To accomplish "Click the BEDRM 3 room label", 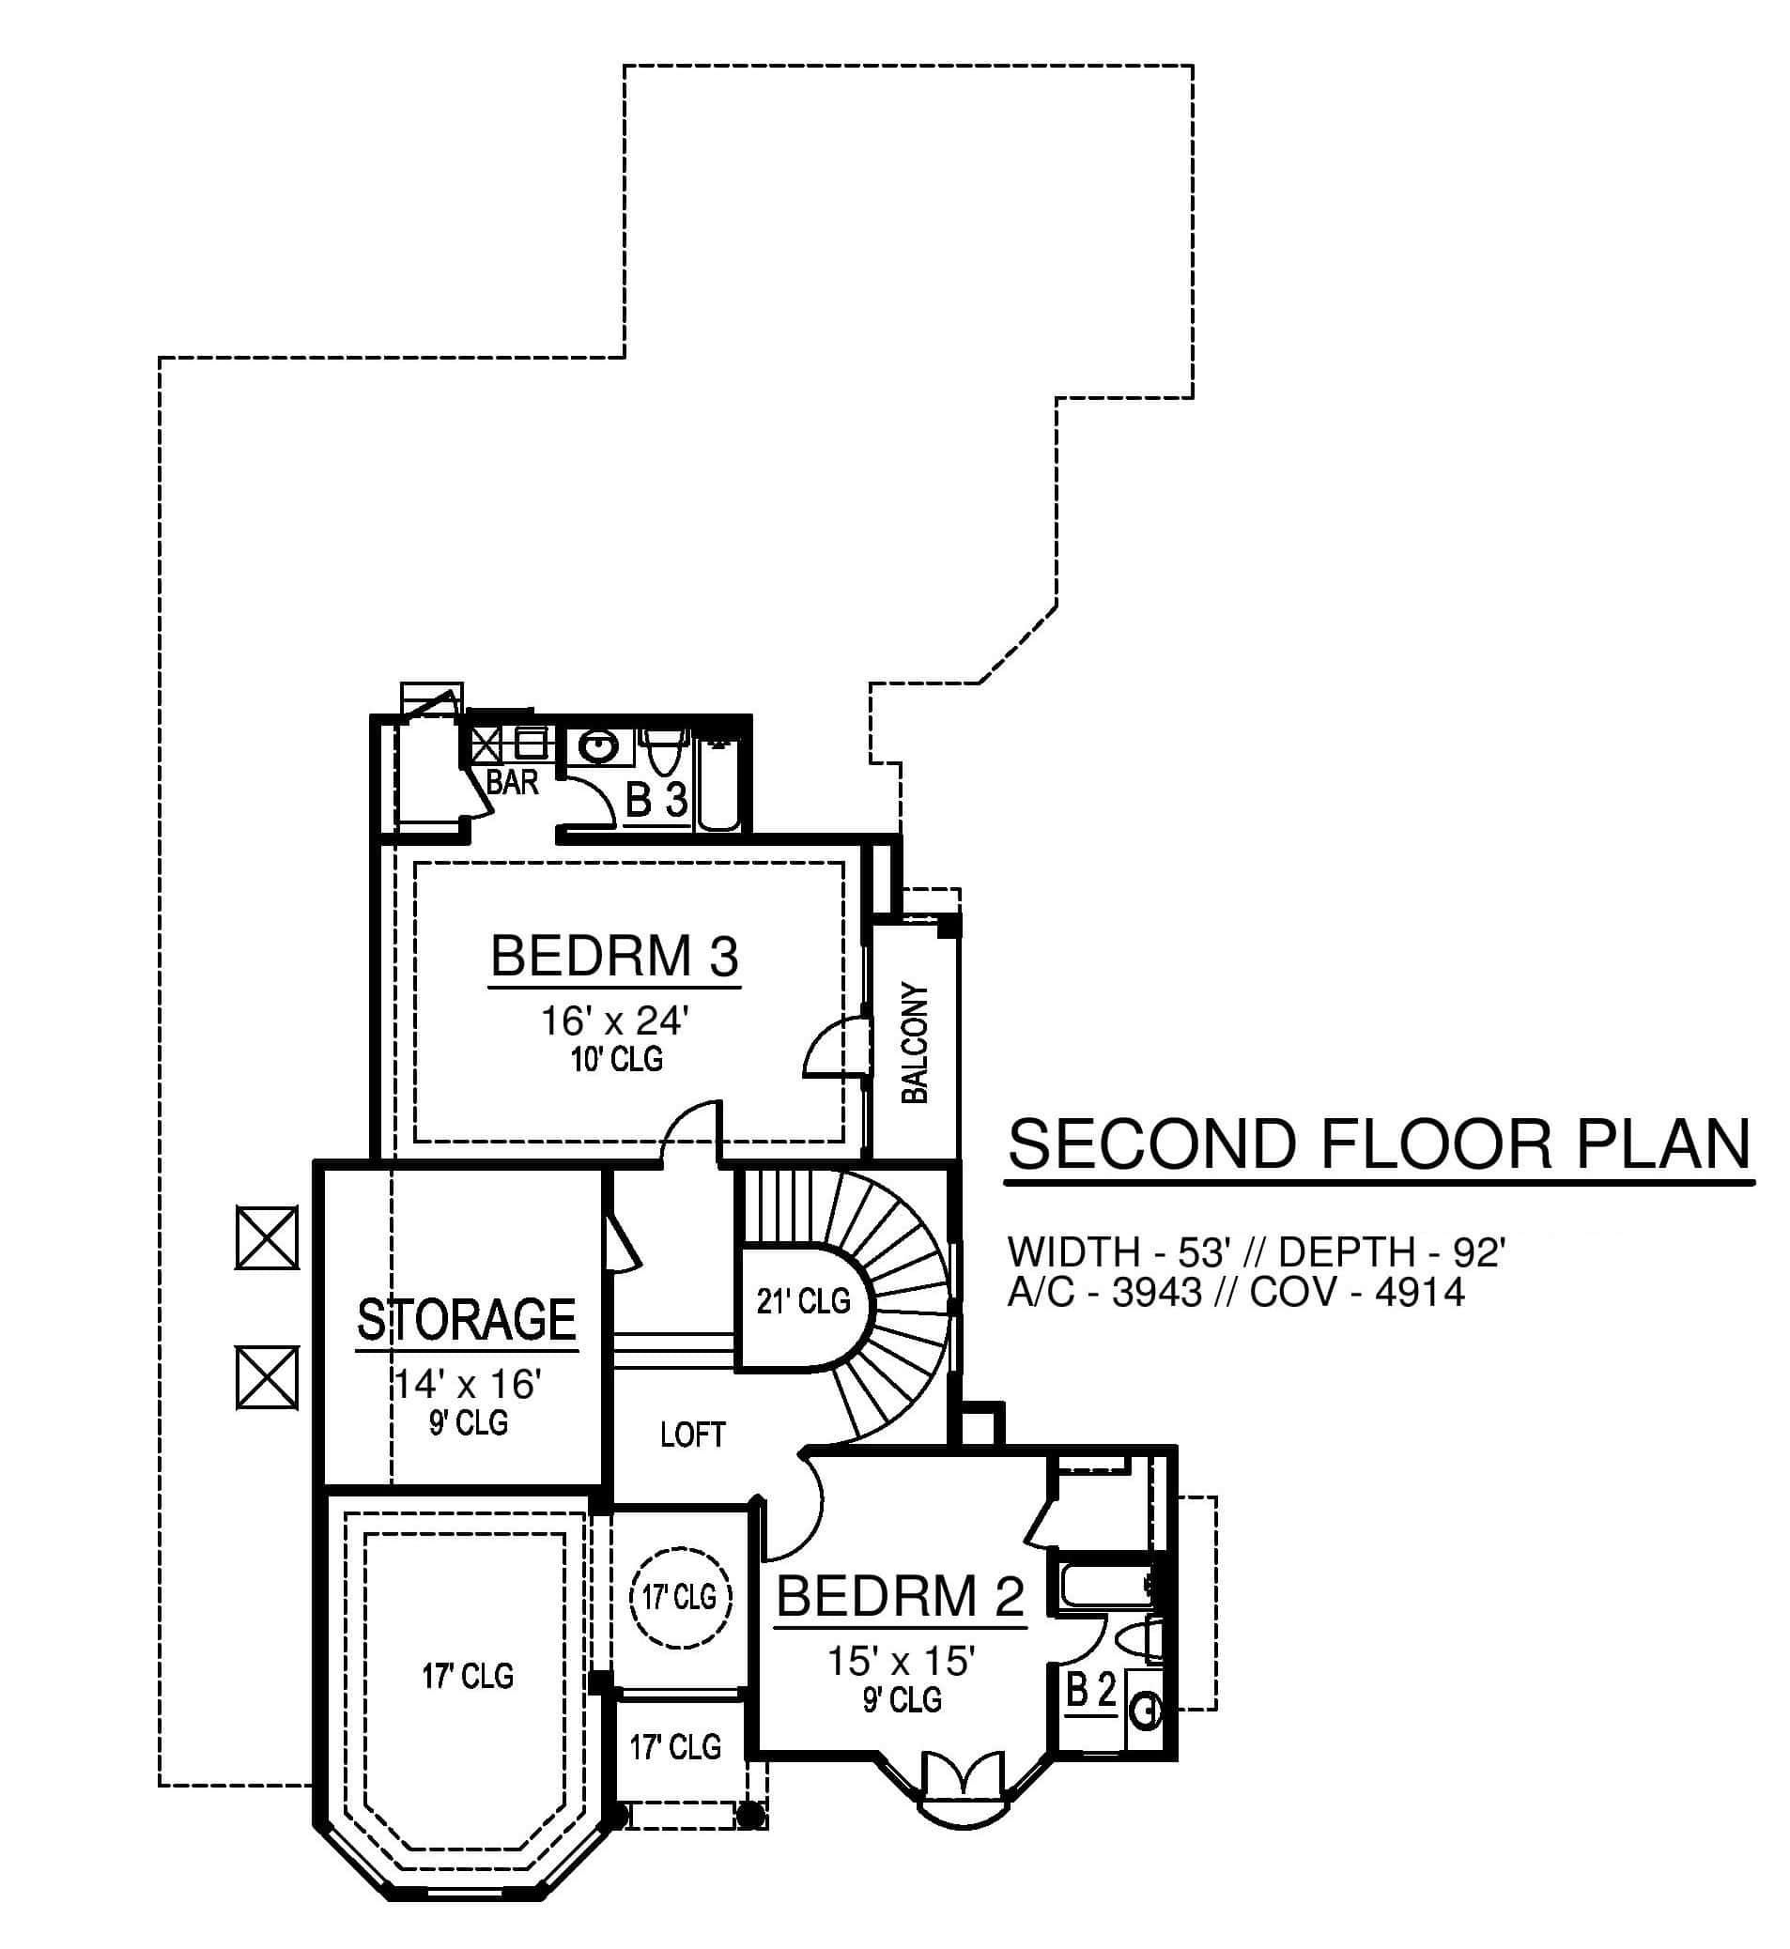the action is pyautogui.click(x=615, y=957).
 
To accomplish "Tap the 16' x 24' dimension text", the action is pyautogui.click(x=615, y=1021).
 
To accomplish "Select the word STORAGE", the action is pyautogui.click(x=467, y=1320).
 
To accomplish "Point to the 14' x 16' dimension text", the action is pyautogui.click(x=467, y=1385).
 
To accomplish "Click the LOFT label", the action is pyautogui.click(x=692, y=1435).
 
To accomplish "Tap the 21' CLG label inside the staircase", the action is pyautogui.click(x=803, y=1301).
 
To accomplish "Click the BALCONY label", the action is pyautogui.click(x=915, y=1043).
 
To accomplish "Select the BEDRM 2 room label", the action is pyautogui.click(x=901, y=1597).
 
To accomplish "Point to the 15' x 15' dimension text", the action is pyautogui.click(x=901, y=1662).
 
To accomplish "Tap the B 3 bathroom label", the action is pyautogui.click(x=656, y=801).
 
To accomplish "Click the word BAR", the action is pyautogui.click(x=513, y=781).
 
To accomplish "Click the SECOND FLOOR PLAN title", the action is pyautogui.click(x=1380, y=1144).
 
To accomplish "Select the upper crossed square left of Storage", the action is pyautogui.click(x=268, y=1237).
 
